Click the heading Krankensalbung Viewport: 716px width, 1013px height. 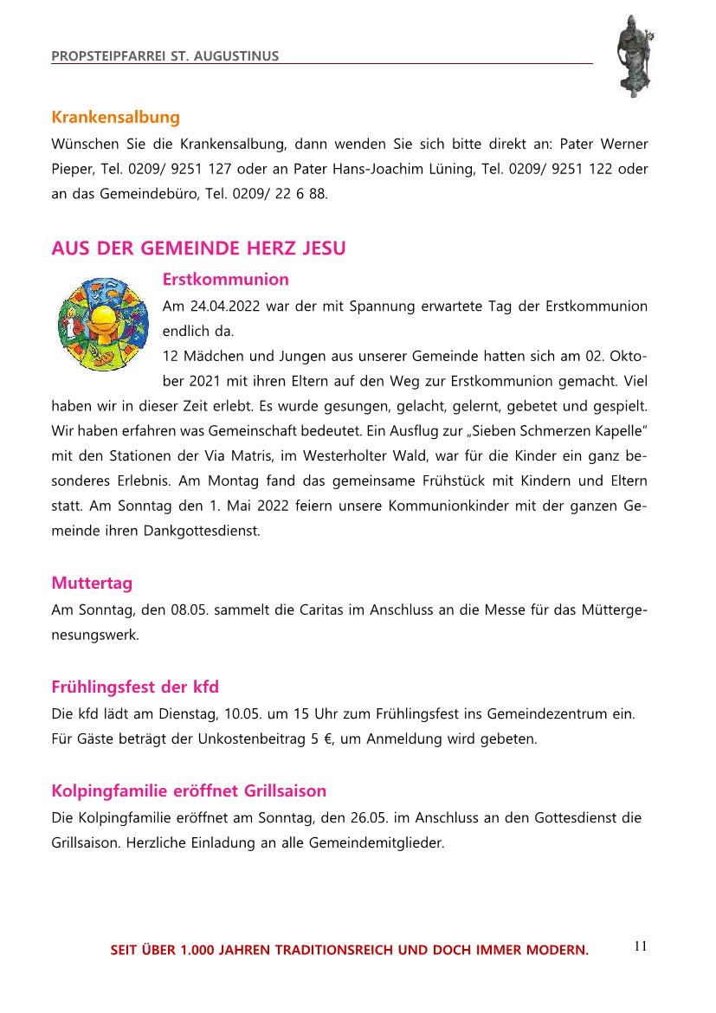click(x=115, y=117)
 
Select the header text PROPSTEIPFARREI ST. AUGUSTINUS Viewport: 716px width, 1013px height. click(x=164, y=56)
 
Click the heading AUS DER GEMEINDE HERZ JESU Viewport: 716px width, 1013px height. click(x=198, y=248)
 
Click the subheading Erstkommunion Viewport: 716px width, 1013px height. click(x=225, y=280)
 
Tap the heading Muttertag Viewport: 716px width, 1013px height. click(x=92, y=583)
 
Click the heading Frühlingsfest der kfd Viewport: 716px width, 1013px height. click(x=135, y=687)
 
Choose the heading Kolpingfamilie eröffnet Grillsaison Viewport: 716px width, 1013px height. click(x=189, y=790)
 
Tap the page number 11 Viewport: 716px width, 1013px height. click(x=640, y=945)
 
